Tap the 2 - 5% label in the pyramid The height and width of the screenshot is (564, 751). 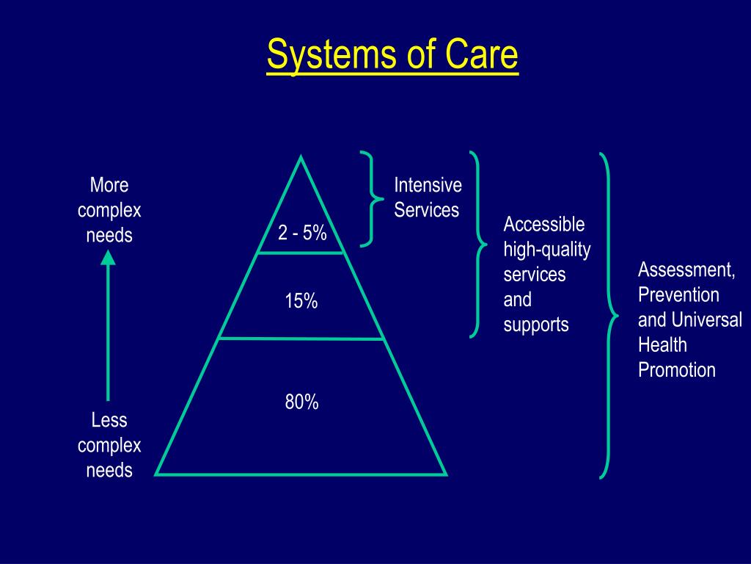click(x=301, y=233)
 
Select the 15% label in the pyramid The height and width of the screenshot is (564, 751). click(x=301, y=300)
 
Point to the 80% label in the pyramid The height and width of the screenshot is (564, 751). click(x=301, y=402)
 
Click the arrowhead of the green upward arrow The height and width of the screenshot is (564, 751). click(x=108, y=256)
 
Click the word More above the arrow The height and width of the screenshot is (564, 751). click(x=109, y=184)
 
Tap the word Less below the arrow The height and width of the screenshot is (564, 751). click(x=109, y=420)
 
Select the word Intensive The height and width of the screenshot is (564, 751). click(x=428, y=184)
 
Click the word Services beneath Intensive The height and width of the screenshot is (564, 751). click(x=426, y=210)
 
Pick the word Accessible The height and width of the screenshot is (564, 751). click(x=543, y=224)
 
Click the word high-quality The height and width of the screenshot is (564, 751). click(x=546, y=250)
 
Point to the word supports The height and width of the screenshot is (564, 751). click(x=535, y=325)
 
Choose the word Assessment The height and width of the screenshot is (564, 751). click(x=686, y=270)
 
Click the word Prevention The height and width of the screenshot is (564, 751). click(x=678, y=295)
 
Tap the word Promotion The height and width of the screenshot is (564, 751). click(x=676, y=370)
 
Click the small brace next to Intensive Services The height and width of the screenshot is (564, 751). click(x=373, y=198)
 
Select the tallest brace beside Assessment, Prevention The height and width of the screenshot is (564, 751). click(x=609, y=316)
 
